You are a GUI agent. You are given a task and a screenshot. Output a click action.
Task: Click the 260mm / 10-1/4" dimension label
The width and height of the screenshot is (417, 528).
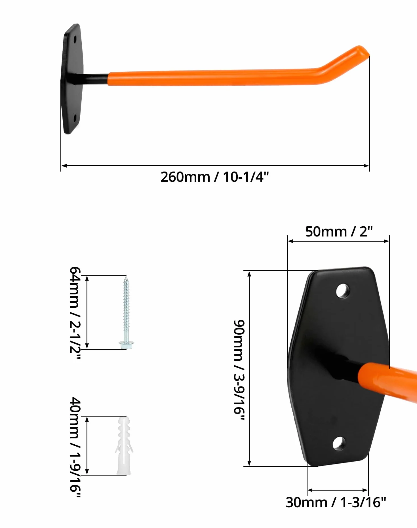pos(214,177)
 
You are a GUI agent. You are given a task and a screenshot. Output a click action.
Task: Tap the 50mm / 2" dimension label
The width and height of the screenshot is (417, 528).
pos(339,231)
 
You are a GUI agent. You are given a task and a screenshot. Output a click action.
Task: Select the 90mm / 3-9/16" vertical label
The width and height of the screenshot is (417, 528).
pos(239,370)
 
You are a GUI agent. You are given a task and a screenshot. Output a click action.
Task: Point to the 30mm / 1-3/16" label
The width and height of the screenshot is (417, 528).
pos(336,502)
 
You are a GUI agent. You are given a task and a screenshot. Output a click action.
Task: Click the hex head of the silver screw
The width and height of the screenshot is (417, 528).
pos(127,345)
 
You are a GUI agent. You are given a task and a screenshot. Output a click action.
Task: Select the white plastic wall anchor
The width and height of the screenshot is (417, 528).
pos(124,445)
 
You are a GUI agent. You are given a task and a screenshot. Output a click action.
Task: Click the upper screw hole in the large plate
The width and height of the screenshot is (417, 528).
pos(343,291)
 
